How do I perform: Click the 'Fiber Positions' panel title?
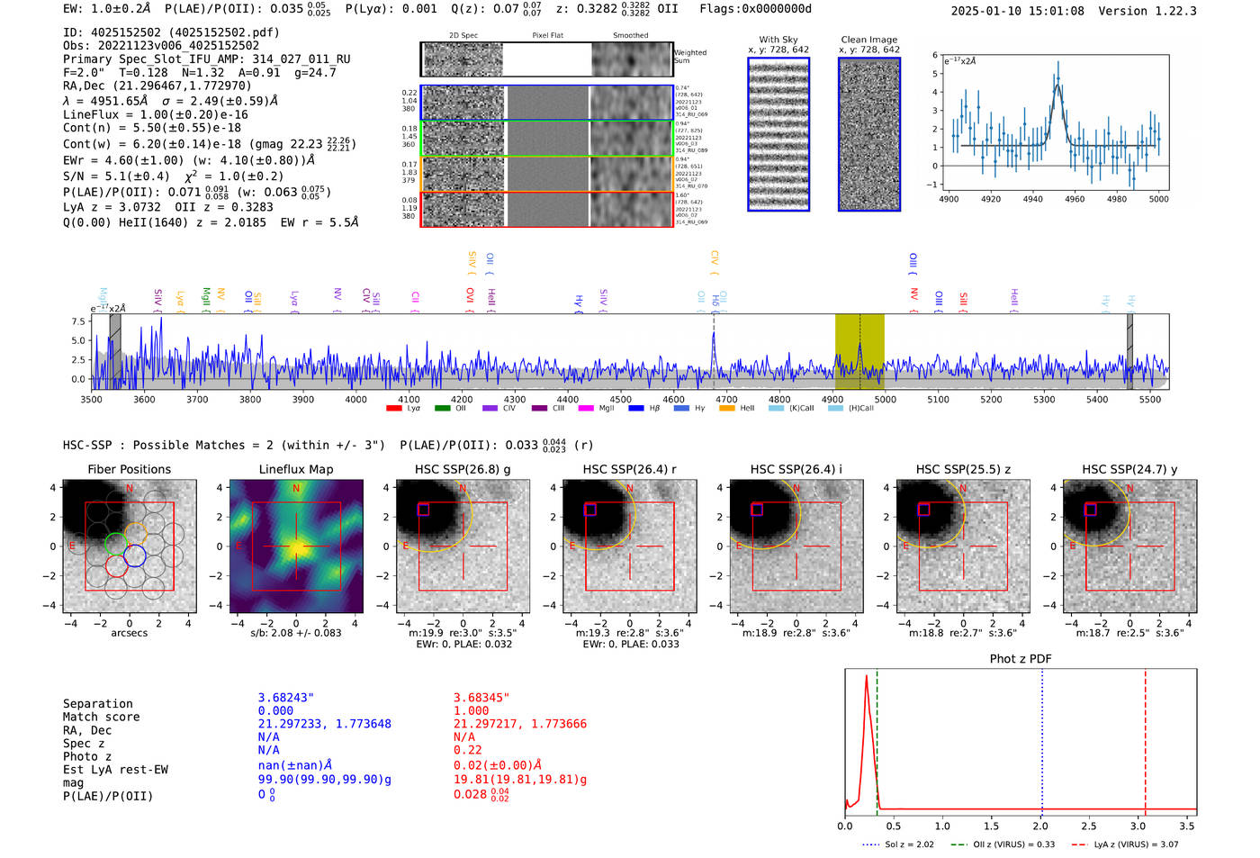pyautogui.click(x=129, y=469)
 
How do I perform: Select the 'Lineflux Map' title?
pyautogui.click(x=295, y=469)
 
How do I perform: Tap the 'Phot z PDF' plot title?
pyautogui.click(x=1021, y=658)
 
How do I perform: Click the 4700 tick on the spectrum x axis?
pyautogui.click(x=726, y=399)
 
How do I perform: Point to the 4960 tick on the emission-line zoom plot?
pyautogui.click(x=1075, y=199)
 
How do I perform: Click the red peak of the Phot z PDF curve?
pyautogui.click(x=866, y=676)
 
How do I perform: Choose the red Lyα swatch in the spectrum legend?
pyautogui.click(x=393, y=409)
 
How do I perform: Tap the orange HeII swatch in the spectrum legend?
pyautogui.click(x=727, y=409)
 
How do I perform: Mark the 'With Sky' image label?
pyautogui.click(x=778, y=40)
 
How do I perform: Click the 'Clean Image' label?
pyautogui.click(x=868, y=40)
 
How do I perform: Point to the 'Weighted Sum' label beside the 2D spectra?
pyautogui.click(x=690, y=57)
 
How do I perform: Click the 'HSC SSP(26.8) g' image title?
pyautogui.click(x=463, y=469)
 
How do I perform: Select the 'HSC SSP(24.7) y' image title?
pyautogui.click(x=1129, y=469)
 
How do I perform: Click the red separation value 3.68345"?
pyautogui.click(x=481, y=698)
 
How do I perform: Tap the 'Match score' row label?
pyautogui.click(x=101, y=717)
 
